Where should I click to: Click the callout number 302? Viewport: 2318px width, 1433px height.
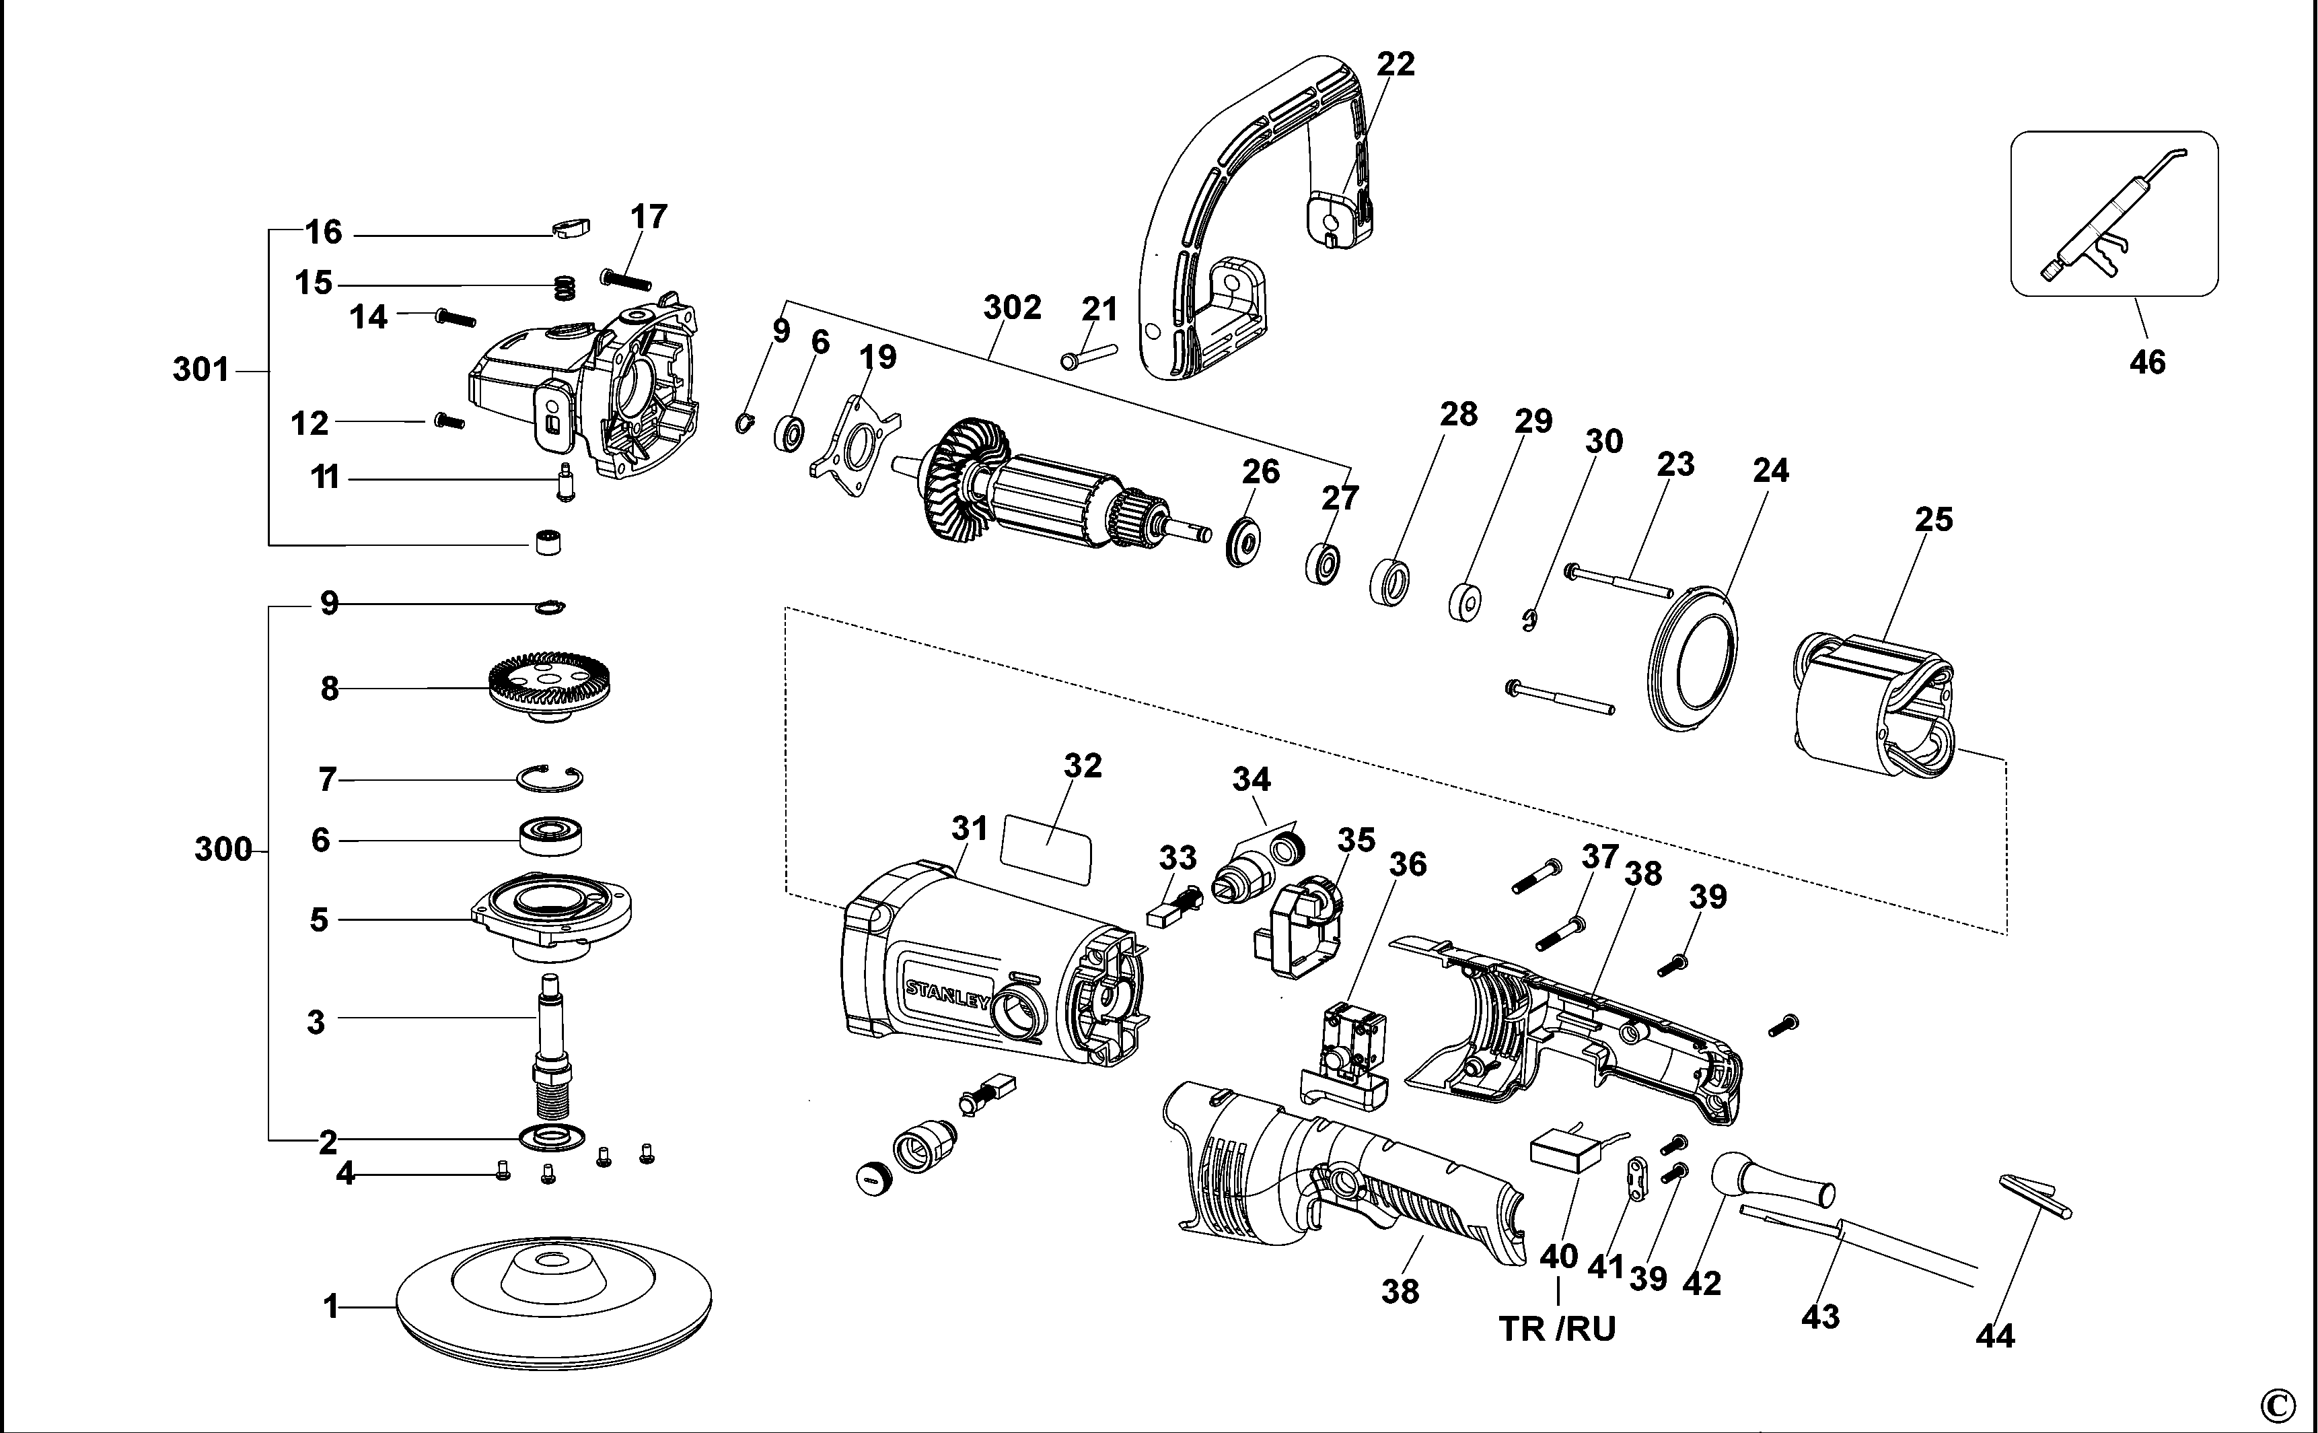(x=1012, y=307)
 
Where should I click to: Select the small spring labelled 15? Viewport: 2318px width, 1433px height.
(x=565, y=285)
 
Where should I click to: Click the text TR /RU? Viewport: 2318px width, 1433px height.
(x=1556, y=1329)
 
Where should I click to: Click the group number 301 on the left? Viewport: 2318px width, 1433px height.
(x=201, y=369)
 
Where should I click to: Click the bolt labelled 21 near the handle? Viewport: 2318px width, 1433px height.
(x=1089, y=355)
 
